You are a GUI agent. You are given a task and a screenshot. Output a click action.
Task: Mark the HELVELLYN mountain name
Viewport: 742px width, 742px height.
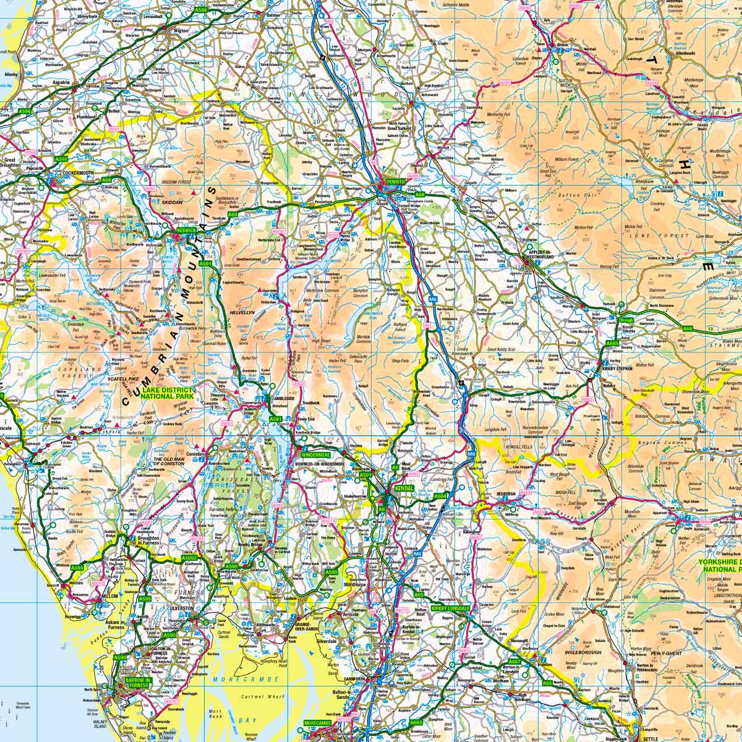[x=242, y=313]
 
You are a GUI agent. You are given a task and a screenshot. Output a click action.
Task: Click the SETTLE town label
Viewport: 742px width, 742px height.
[x=650, y=738]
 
